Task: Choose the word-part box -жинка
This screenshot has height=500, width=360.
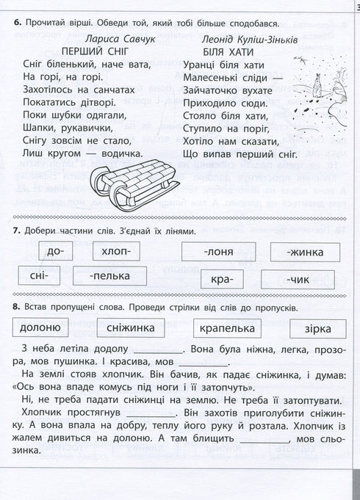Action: pos(298,253)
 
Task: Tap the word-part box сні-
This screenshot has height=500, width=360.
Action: pos(40,278)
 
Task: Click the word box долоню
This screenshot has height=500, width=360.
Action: pos(46,327)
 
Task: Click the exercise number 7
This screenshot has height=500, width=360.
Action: pos(16,231)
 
